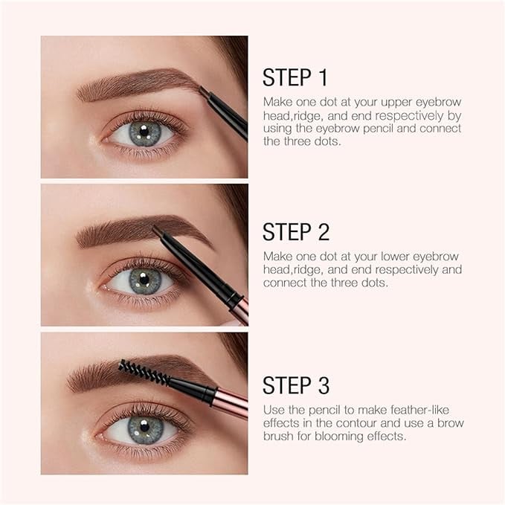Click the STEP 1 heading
click(295, 77)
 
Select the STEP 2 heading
click(296, 231)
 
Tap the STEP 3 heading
click(296, 385)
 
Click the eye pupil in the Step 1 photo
click(144, 131)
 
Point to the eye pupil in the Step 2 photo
click(144, 278)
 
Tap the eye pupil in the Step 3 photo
click(144, 426)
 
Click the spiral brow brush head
click(144, 373)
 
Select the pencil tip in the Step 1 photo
click(203, 91)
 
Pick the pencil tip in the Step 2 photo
click(157, 230)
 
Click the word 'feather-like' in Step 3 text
click(419, 411)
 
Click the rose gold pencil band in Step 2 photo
click(242, 310)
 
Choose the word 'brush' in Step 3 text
click(278, 437)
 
